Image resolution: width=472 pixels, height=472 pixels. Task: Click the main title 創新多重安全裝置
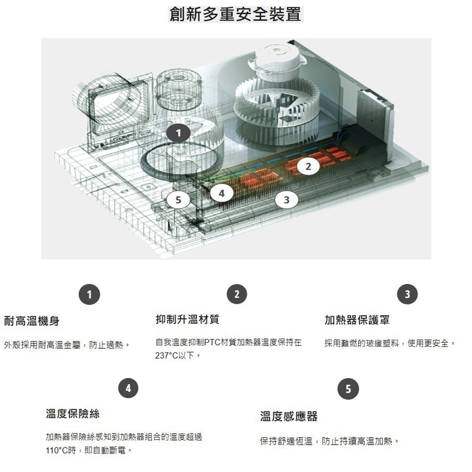236,14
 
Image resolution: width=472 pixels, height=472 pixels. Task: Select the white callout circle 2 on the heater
308,167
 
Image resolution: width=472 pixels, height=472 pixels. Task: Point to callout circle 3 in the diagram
287,200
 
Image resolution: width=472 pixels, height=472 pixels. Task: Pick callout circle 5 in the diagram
178,200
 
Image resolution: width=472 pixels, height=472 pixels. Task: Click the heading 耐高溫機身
32,321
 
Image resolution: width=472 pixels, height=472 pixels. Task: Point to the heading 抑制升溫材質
187,320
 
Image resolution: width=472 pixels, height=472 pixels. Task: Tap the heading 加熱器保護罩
357,320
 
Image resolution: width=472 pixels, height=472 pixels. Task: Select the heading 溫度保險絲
73,414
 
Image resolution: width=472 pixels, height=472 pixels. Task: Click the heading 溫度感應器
289,416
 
